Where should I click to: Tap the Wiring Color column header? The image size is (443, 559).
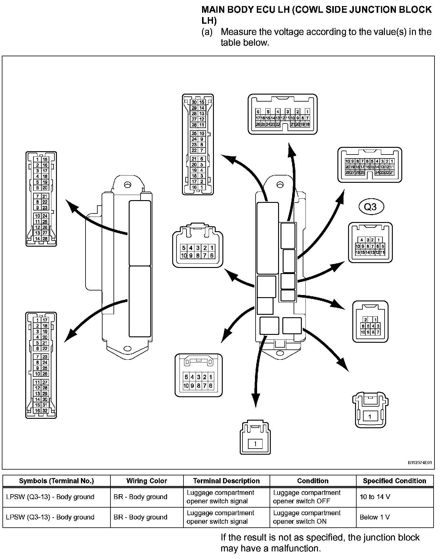pyautogui.click(x=147, y=481)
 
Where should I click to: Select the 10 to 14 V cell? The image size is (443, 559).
pyautogui.click(x=375, y=497)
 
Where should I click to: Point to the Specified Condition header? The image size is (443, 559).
pyautogui.click(x=394, y=481)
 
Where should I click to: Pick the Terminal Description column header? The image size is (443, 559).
pyautogui.click(x=226, y=481)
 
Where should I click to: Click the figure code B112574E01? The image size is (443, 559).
pyautogui.click(x=420, y=463)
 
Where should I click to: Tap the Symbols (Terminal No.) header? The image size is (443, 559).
pyautogui.click(x=56, y=481)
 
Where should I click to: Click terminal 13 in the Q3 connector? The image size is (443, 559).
pyautogui.click(x=373, y=252)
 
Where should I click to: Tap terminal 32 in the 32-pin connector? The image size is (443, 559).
pyautogui.click(x=45, y=411)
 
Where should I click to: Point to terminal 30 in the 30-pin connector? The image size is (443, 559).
pyautogui.click(x=194, y=102)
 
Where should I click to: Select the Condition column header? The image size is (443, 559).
pyautogui.click(x=313, y=481)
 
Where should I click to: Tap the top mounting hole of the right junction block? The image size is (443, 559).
pyautogui.click(x=279, y=184)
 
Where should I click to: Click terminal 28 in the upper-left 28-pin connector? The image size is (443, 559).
pyautogui.click(x=45, y=239)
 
